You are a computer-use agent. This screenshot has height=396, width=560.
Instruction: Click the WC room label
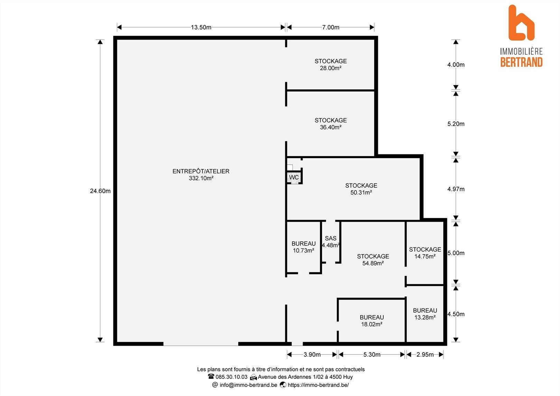pyautogui.click(x=294, y=177)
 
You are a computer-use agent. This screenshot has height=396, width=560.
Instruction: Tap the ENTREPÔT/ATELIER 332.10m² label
pyautogui.click(x=201, y=175)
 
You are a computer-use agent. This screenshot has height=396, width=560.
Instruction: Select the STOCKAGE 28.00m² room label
pyautogui.click(x=330, y=65)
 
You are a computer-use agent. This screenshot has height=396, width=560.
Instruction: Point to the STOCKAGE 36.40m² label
pyautogui.click(x=330, y=123)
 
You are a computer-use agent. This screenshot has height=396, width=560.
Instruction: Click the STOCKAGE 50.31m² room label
pyautogui.click(x=361, y=189)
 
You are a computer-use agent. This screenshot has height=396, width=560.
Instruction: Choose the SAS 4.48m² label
pyautogui.click(x=330, y=242)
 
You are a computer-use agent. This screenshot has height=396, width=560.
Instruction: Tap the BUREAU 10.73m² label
pyautogui.click(x=304, y=247)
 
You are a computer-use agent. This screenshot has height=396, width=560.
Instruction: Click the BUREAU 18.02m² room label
pyautogui.click(x=372, y=321)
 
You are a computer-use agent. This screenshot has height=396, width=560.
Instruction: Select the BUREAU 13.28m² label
pyautogui.click(x=425, y=314)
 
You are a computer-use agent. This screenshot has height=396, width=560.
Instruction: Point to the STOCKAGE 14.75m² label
pyautogui.click(x=425, y=253)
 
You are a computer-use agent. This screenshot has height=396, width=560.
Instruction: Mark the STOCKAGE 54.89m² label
pyautogui.click(x=373, y=260)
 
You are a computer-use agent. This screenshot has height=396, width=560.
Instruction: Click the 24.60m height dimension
pyautogui.click(x=100, y=191)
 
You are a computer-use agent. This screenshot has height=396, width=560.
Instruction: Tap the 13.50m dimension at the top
pyautogui.click(x=201, y=27)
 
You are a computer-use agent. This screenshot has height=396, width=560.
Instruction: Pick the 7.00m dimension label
pyautogui.click(x=330, y=27)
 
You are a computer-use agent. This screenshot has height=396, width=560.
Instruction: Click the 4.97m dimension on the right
pyautogui.click(x=456, y=189)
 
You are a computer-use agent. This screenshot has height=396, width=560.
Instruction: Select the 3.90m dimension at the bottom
pyautogui.click(x=312, y=354)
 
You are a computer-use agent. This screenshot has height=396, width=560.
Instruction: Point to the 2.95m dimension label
pyautogui.click(x=425, y=354)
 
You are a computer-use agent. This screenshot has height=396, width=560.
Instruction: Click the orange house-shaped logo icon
pyautogui.click(x=521, y=23)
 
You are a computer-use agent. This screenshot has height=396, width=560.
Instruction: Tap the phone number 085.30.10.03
pyautogui.click(x=231, y=377)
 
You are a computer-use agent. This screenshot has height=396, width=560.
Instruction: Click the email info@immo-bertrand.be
pyautogui.click(x=248, y=385)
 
